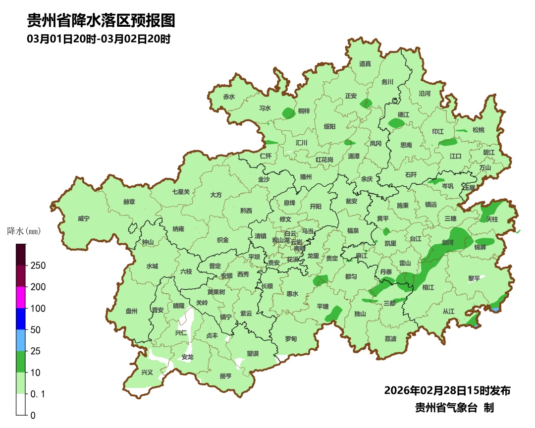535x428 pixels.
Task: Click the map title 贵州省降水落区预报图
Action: tap(101, 21)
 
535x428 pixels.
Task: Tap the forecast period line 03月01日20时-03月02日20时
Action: tap(99, 39)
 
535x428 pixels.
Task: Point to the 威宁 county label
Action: tap(84, 218)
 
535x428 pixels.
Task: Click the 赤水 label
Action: tap(228, 97)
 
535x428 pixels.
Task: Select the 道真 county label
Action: tap(365, 64)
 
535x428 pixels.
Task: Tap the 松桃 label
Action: tap(478, 130)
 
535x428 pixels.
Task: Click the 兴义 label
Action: tap(147, 372)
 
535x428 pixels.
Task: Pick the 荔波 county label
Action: tap(390, 339)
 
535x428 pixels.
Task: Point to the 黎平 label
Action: tap(474, 278)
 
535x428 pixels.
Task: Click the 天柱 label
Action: tap(492, 218)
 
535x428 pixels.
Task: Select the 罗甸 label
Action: tap(291, 339)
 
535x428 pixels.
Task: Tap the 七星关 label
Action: tap(181, 192)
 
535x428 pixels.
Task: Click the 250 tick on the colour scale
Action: tap(38, 266)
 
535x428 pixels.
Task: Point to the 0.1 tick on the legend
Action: tap(38, 394)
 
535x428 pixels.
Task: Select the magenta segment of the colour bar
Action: tap(20, 297)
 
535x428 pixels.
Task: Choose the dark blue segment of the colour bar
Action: tap(20, 319)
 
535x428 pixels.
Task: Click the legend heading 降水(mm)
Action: tap(23, 231)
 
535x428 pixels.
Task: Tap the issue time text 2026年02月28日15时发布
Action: tap(447, 391)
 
